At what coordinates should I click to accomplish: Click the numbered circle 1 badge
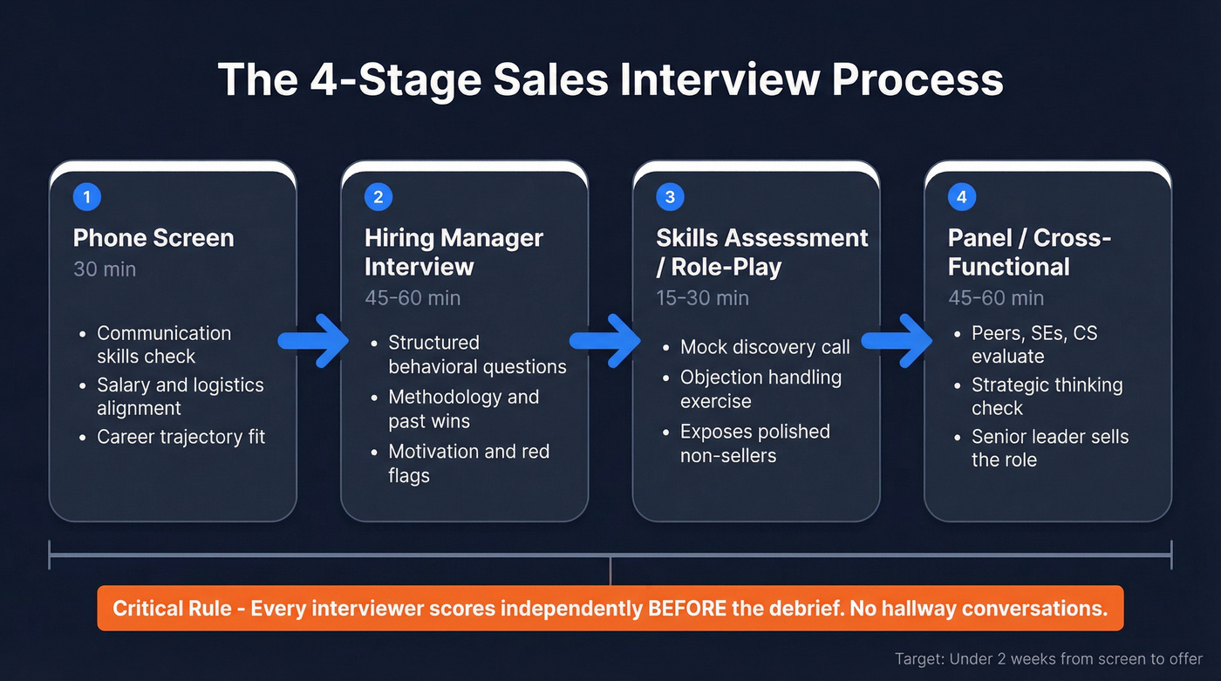coord(86,197)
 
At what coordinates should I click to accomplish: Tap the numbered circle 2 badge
coord(378,197)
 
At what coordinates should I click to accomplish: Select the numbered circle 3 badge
coord(670,197)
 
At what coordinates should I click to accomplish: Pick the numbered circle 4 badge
coord(961,197)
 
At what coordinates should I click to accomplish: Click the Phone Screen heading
coord(153,238)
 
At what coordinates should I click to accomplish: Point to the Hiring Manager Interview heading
coord(454,252)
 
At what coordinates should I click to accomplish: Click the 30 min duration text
coord(105,269)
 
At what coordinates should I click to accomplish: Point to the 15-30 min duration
coord(702,297)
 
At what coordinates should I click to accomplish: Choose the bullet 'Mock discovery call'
coord(765,347)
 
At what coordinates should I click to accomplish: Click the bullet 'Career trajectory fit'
coord(181,437)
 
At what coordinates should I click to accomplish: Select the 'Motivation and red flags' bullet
coord(469,463)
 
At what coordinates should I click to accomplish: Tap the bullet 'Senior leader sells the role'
coord(1050,448)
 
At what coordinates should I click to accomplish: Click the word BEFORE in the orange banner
coord(686,608)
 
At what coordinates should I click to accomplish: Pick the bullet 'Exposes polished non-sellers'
coord(754,443)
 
